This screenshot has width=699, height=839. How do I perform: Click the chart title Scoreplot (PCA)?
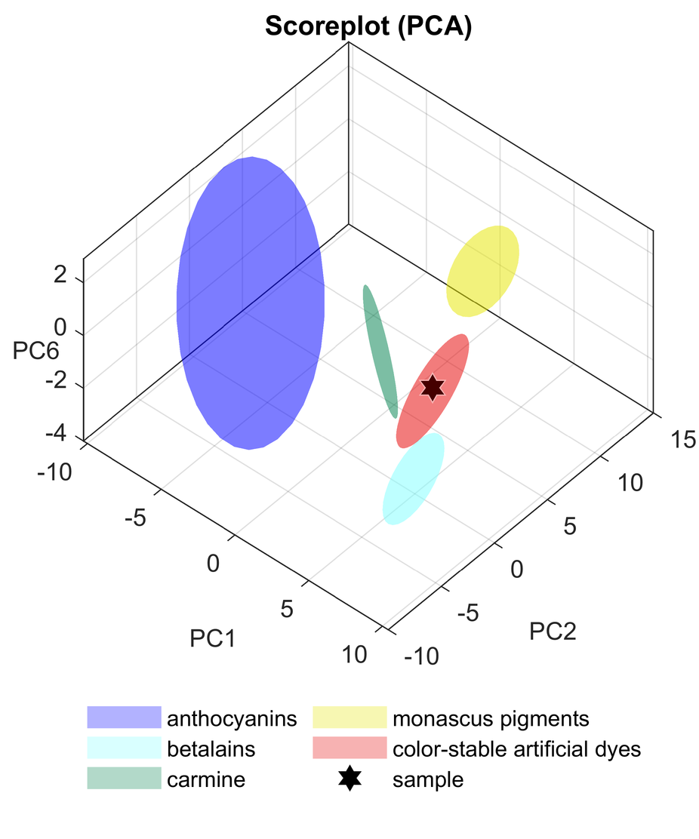coord(368,27)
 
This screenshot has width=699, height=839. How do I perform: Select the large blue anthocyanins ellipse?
coord(250,303)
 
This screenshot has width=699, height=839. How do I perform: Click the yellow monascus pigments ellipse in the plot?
coord(483,270)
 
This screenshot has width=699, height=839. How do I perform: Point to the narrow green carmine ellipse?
coord(380,350)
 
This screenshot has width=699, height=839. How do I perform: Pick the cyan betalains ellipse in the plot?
coord(413,478)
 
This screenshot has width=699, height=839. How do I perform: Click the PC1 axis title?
coord(212,638)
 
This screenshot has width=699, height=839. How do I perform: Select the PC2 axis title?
coord(553,630)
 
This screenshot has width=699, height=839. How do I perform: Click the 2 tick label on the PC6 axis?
coord(60,277)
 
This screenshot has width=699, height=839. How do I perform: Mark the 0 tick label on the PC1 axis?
coord(214,564)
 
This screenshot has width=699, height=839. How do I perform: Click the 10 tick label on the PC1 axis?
coord(350,655)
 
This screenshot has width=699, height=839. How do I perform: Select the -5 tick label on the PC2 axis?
coord(468,613)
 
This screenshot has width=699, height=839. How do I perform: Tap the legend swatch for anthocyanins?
coord(124,717)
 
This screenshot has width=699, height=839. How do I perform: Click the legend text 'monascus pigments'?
coord(490,717)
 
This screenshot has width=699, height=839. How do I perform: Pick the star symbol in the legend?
coord(348,779)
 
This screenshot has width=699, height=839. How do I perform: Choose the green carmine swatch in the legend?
coord(124,779)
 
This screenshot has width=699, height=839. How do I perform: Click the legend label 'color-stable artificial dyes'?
coord(516,748)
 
